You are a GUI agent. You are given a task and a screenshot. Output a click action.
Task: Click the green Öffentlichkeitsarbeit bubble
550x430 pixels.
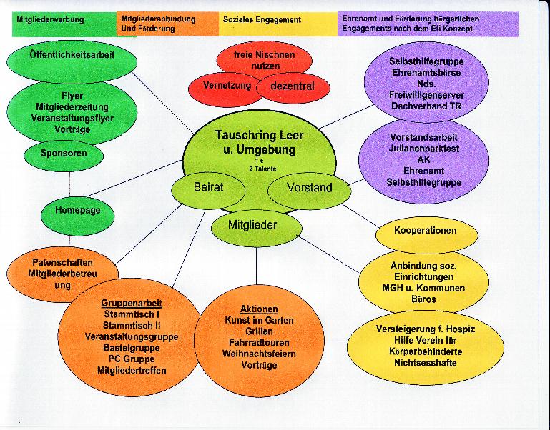pos(72,54)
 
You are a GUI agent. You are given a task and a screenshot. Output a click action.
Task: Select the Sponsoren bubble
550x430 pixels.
pos(64,153)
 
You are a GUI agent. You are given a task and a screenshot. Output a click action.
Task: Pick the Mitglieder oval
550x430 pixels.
pos(252,224)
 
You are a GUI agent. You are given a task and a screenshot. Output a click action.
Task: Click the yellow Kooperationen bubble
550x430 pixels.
pos(425,231)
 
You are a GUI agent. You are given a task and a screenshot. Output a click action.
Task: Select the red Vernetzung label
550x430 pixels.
pos(227,84)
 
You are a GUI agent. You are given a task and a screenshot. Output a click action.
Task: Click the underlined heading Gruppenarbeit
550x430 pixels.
pos(131,303)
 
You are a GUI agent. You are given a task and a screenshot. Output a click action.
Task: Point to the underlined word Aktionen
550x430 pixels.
pos(259,309)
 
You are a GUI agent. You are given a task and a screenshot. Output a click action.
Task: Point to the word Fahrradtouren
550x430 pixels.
pos(259,343)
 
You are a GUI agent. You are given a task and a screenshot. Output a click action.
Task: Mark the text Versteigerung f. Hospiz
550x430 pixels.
pos(425,329)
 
